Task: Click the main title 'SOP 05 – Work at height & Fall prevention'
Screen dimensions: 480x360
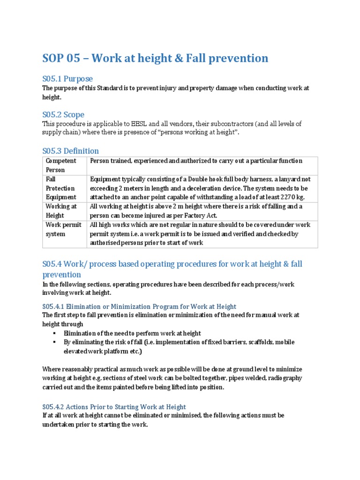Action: tap(155, 58)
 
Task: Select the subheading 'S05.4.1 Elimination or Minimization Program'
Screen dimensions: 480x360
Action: tap(139, 306)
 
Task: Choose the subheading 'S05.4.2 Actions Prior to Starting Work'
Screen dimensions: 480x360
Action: tap(114, 407)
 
